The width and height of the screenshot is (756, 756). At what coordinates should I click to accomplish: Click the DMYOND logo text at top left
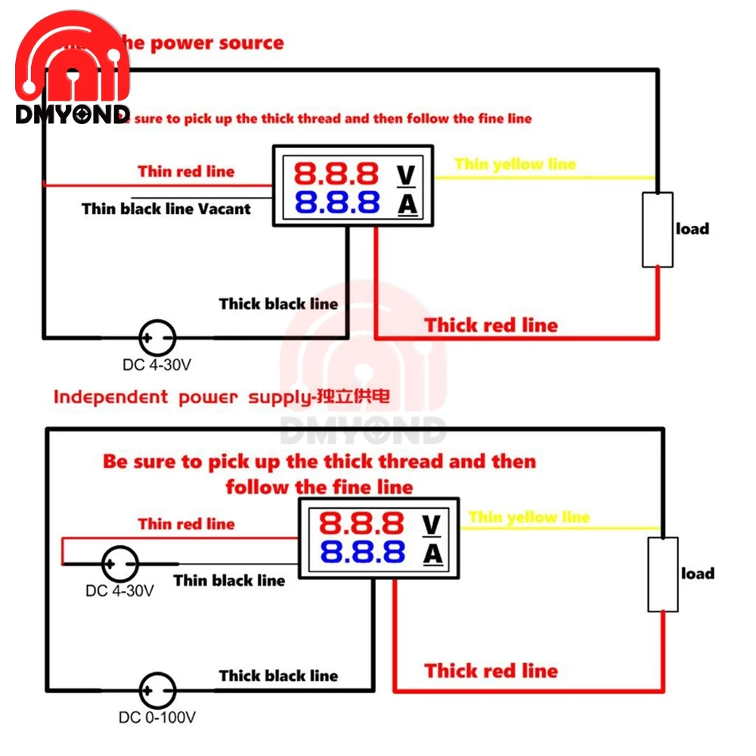[x=73, y=114]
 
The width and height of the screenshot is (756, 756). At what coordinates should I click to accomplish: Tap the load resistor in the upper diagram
[x=657, y=229]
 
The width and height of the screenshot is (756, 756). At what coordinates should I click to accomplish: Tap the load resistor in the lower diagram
[x=663, y=574]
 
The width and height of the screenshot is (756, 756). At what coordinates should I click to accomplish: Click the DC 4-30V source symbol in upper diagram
[x=157, y=337]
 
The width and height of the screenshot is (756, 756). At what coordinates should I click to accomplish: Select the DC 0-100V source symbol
[x=157, y=689]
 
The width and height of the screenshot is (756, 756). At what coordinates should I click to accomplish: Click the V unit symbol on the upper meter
[x=406, y=175]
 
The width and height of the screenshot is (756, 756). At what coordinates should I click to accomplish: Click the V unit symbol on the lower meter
[x=431, y=523]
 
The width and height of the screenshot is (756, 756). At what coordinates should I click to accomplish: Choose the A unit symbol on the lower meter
[x=432, y=554]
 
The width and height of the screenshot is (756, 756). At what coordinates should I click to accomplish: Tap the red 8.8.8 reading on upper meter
[x=336, y=175]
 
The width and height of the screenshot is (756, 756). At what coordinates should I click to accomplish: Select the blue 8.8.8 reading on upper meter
[x=336, y=203]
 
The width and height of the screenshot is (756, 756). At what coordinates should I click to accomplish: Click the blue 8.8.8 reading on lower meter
[x=362, y=553]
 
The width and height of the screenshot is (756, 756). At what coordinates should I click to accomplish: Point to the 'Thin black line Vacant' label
[x=166, y=209]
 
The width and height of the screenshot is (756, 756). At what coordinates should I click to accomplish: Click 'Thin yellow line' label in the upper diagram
[x=515, y=164]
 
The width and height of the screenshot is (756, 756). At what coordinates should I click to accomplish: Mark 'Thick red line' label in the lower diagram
[x=491, y=671]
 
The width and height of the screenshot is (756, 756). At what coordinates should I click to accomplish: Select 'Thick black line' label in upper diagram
[x=278, y=304]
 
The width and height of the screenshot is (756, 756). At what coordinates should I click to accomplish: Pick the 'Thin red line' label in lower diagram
[x=186, y=524]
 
